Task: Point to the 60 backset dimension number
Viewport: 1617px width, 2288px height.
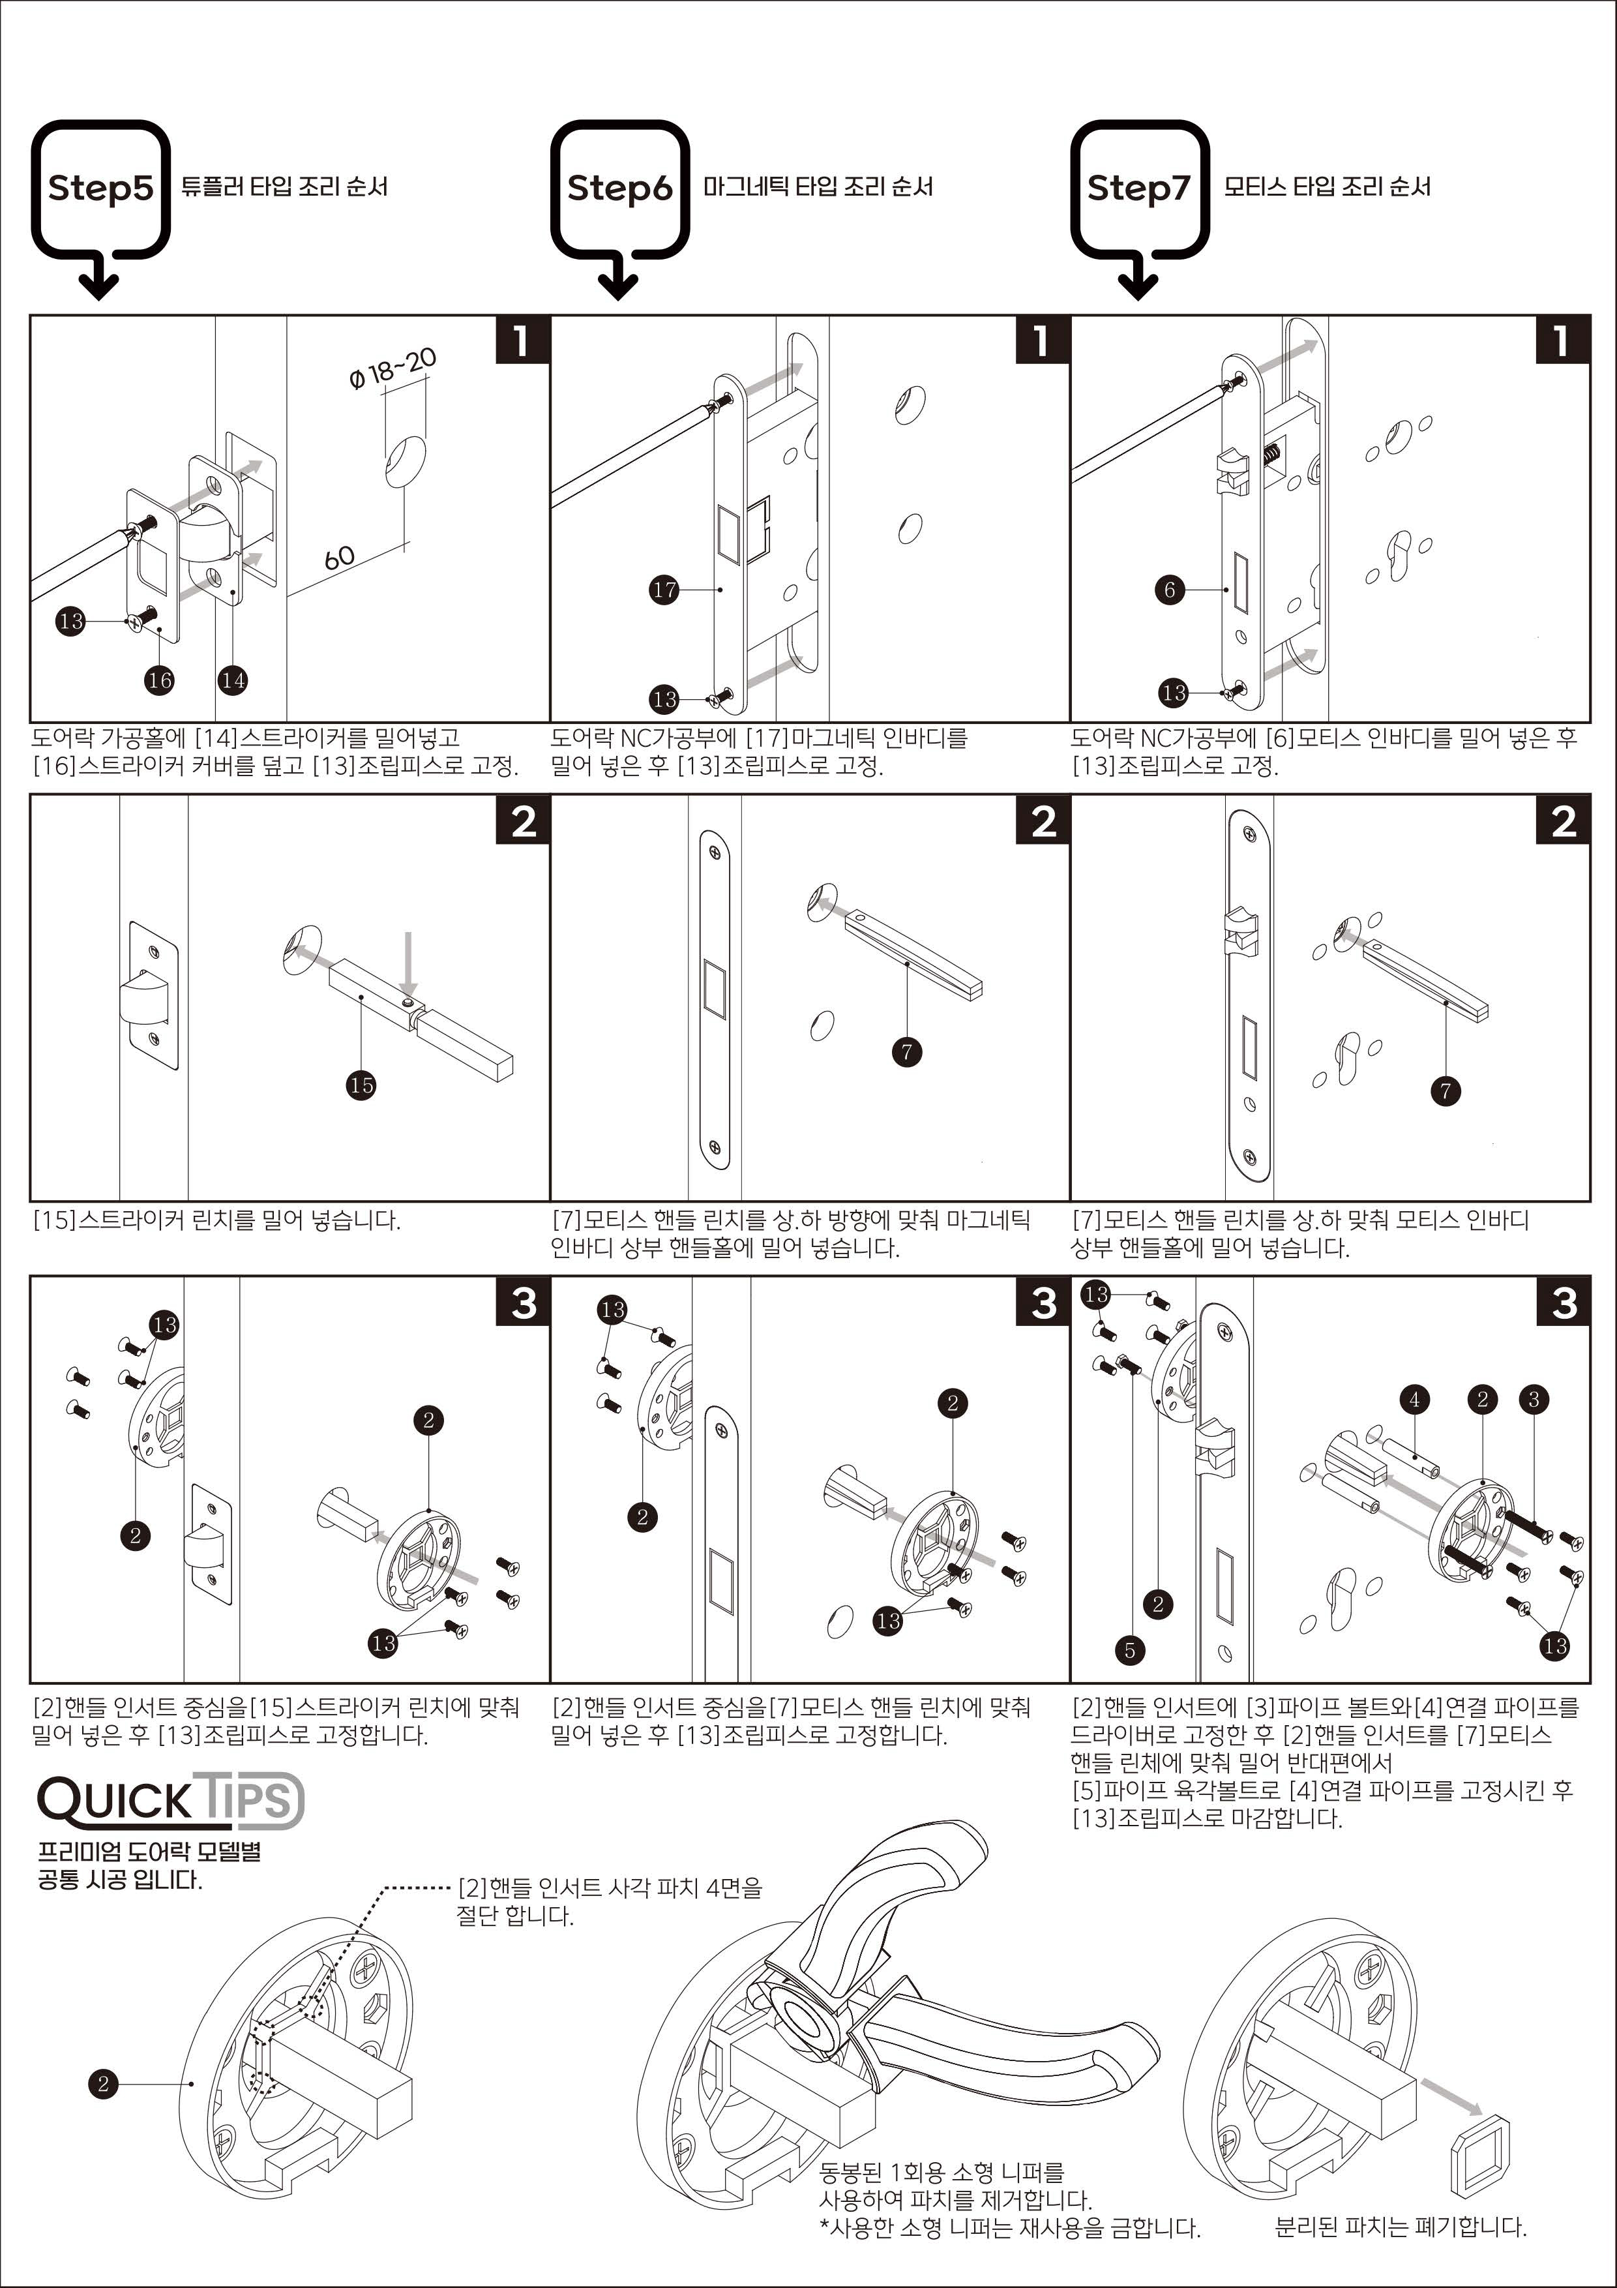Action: (340, 557)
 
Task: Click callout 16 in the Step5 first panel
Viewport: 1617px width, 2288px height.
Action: (159, 681)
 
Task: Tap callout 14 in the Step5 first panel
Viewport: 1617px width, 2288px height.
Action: (233, 681)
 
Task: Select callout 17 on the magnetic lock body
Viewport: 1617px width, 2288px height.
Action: (664, 590)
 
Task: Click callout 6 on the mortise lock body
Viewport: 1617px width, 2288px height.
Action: (1170, 590)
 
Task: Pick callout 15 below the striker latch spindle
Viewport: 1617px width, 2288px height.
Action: (362, 1085)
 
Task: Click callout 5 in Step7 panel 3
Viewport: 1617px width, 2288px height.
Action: (1130, 1650)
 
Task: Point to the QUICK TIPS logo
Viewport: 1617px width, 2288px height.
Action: (170, 1799)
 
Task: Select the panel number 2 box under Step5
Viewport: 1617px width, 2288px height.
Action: (523, 822)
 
